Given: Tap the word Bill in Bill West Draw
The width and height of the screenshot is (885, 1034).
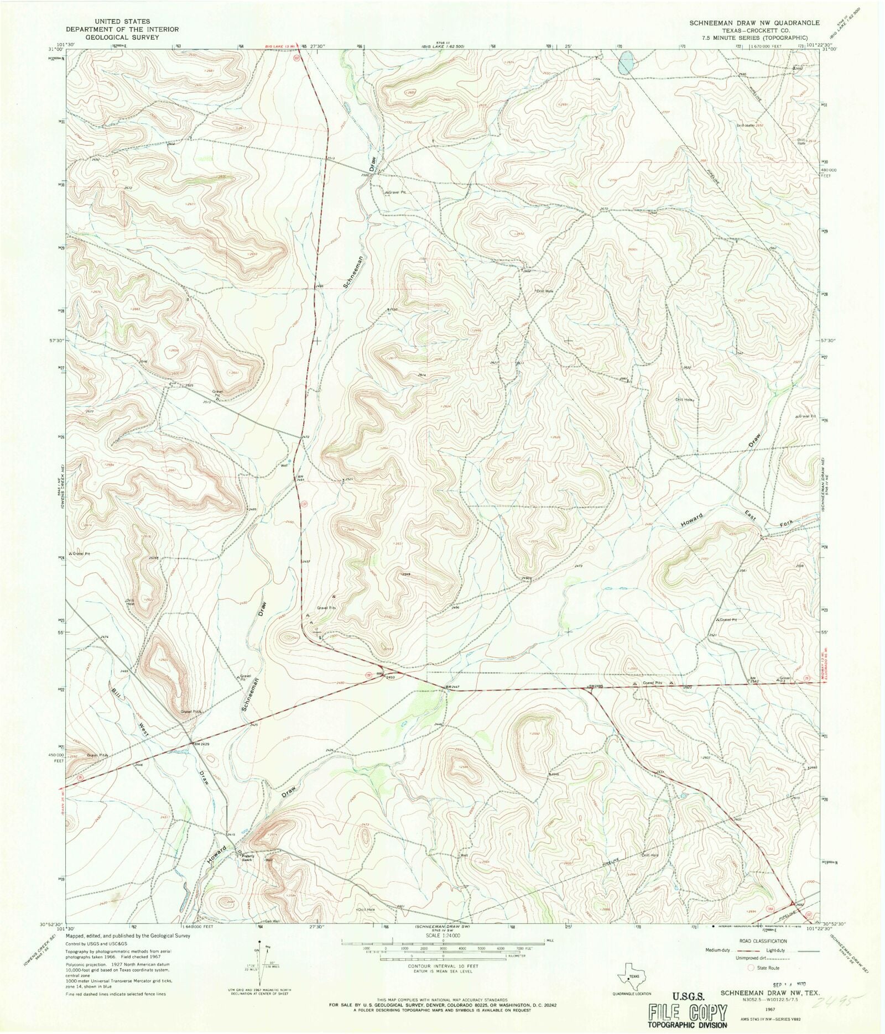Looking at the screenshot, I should [x=116, y=695].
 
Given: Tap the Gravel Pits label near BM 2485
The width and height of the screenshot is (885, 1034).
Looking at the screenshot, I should [x=653, y=683].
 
